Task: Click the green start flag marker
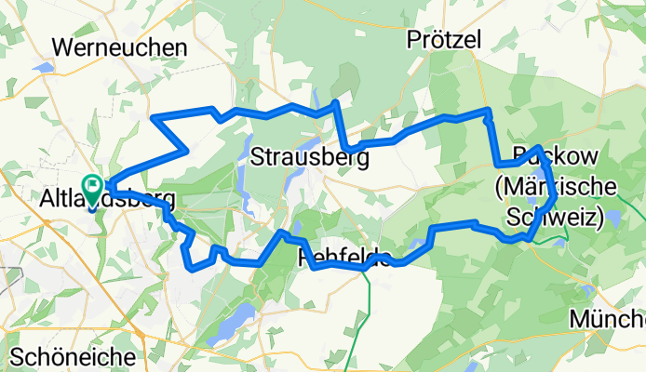(94, 184)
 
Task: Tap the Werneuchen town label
(120, 46)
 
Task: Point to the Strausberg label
(310, 158)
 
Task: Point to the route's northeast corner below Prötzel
(486, 112)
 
